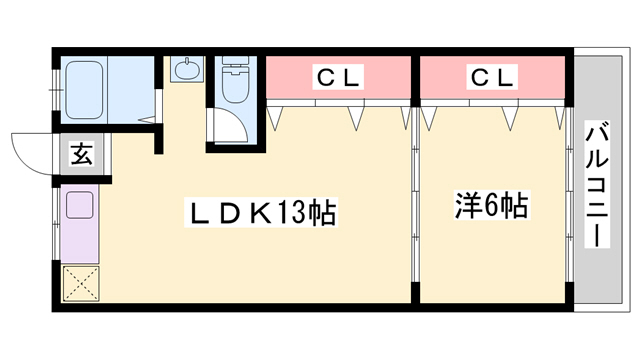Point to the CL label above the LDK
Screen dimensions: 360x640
tap(341, 76)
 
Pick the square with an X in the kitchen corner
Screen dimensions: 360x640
tap(79, 283)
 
